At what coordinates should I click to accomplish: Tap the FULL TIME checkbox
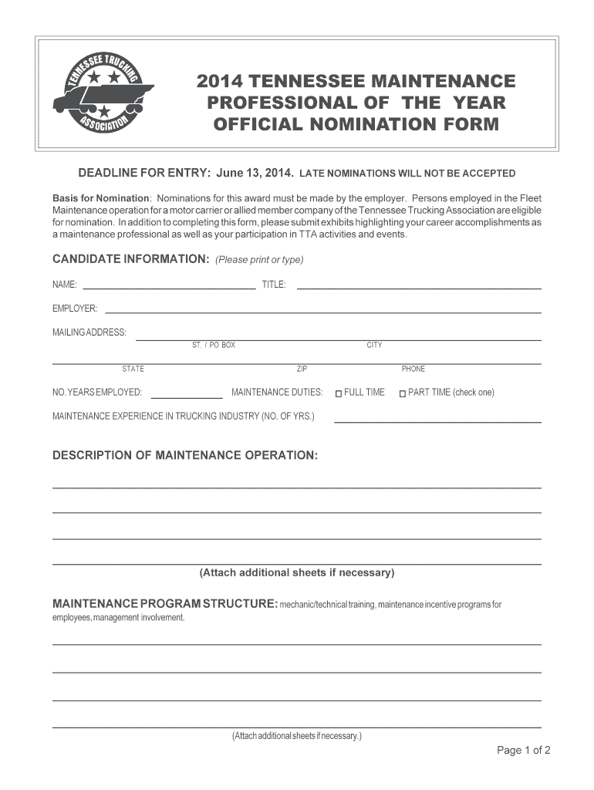pos(338,393)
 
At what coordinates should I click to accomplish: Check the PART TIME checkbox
pos(402,393)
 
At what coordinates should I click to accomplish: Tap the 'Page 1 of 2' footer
pos(524,750)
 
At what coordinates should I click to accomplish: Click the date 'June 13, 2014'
pos(255,173)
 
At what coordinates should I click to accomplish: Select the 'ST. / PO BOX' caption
pos(214,345)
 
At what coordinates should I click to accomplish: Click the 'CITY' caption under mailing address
pos(374,345)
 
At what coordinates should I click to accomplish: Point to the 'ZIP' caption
pos(302,369)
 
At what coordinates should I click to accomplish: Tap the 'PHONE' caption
pos(413,369)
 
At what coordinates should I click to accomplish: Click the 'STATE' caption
pos(133,369)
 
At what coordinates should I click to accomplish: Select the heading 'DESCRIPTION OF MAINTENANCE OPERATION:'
pos(184,455)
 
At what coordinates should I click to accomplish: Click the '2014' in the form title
pos(218,82)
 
